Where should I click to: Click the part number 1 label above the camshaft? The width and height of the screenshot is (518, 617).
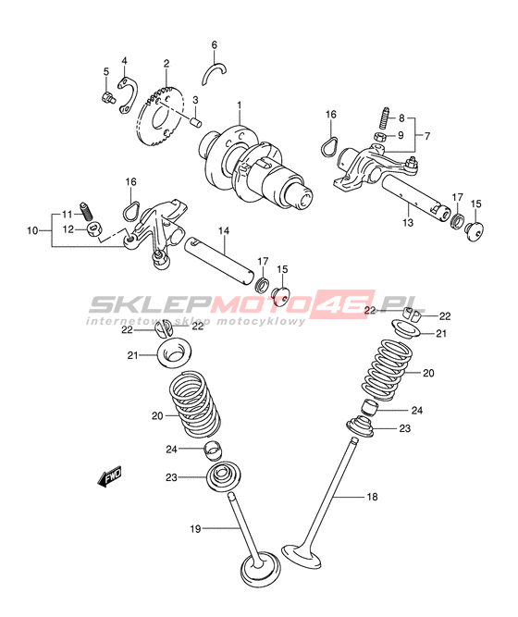click(239, 105)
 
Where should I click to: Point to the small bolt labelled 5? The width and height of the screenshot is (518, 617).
click(106, 97)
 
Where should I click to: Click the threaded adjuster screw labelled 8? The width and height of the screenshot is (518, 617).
click(384, 117)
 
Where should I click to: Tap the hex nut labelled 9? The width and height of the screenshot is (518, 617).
click(379, 137)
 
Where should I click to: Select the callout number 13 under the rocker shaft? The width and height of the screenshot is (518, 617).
click(408, 222)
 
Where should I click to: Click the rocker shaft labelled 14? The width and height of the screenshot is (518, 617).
click(219, 261)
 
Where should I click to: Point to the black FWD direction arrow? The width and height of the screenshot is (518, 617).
click(109, 476)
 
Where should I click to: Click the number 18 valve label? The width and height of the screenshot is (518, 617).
click(372, 497)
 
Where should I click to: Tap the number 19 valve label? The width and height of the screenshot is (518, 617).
click(195, 529)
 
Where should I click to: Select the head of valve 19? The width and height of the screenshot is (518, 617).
click(261, 571)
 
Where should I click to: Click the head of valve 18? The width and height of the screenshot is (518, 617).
click(302, 556)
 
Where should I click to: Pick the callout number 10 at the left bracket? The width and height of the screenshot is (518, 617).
click(32, 230)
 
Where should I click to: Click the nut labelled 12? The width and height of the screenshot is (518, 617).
click(95, 229)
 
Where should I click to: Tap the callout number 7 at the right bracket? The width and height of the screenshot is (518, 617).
click(427, 136)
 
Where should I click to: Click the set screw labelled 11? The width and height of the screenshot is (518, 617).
click(86, 211)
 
